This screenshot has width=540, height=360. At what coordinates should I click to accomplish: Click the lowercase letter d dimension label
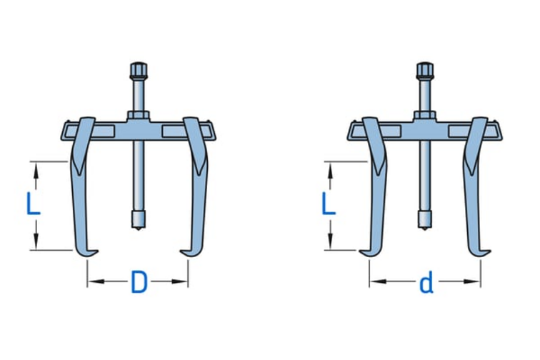point(426,284)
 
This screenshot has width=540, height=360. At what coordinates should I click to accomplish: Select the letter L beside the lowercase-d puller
point(328,204)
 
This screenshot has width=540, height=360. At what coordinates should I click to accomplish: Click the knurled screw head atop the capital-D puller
point(137,71)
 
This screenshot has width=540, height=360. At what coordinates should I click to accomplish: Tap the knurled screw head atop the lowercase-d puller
point(425,71)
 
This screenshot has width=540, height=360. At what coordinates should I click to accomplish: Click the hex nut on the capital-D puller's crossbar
point(137,116)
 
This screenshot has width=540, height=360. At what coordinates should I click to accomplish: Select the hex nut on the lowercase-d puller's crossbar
point(425,116)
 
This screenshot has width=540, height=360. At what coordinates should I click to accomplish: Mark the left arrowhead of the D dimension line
point(91,282)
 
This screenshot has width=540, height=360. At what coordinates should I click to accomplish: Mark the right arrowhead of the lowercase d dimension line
point(476,282)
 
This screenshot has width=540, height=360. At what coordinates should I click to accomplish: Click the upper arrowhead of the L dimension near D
point(34,166)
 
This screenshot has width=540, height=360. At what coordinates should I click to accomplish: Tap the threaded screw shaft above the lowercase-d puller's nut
point(425,96)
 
